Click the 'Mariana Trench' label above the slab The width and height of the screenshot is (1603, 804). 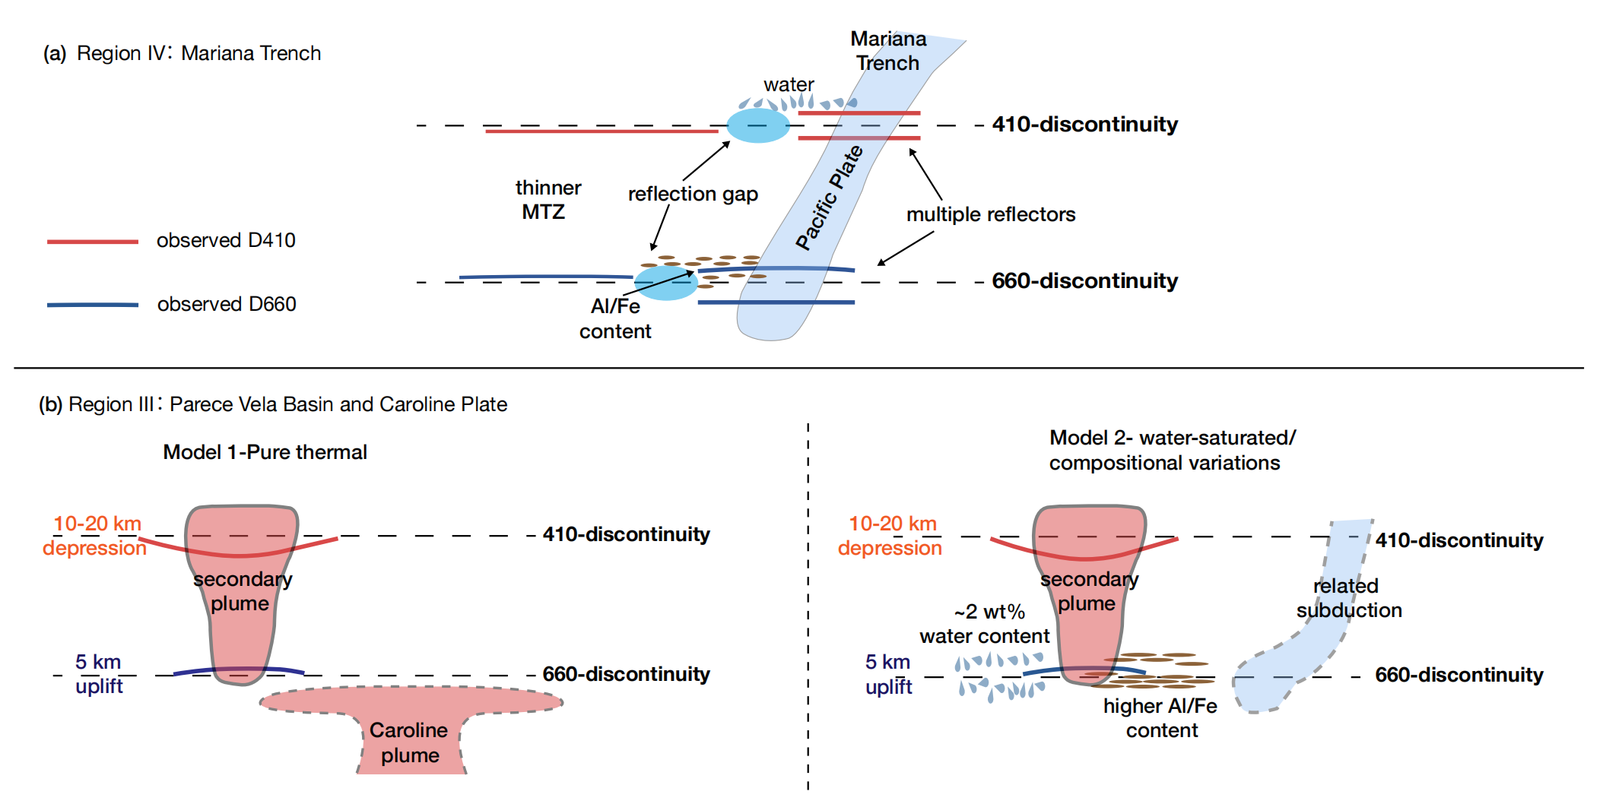(887, 51)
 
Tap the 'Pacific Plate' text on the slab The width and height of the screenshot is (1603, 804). (830, 198)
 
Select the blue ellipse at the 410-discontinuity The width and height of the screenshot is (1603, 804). (757, 125)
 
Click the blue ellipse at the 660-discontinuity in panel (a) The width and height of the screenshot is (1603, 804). (665, 283)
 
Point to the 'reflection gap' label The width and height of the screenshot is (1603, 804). (693, 195)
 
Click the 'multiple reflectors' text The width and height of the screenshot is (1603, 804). (990, 215)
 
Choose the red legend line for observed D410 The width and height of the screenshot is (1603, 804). (93, 242)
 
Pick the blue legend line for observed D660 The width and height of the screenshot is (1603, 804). (93, 305)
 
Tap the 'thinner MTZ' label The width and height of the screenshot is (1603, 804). (547, 200)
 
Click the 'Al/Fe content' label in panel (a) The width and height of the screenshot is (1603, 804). (615, 319)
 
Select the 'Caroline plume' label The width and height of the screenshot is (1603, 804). (409, 742)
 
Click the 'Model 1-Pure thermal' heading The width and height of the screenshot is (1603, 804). (265, 453)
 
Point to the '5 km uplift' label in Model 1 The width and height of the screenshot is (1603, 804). (98, 674)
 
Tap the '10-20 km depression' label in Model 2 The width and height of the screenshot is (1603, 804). (890, 536)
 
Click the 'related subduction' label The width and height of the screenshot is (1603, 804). (1348, 598)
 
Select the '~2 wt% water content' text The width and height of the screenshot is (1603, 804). (985, 624)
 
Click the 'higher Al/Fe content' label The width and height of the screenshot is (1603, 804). (1160, 718)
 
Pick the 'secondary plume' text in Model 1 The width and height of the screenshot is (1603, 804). (242, 591)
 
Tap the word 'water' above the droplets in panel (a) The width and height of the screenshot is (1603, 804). (789, 84)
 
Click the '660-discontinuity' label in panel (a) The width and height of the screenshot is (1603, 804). (1084, 281)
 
